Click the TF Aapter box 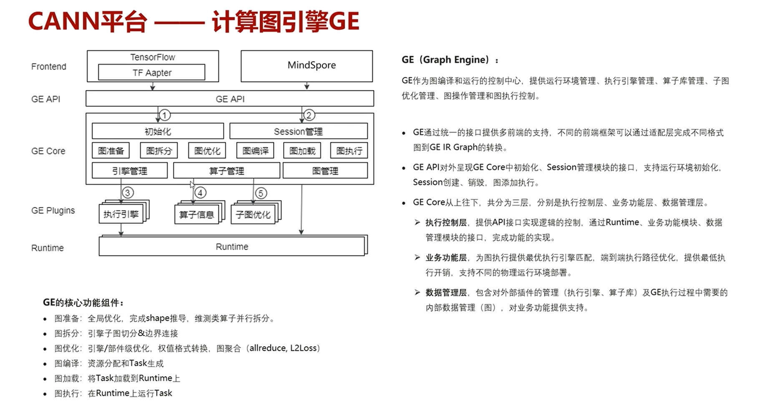click(151, 73)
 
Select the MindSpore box click(307, 66)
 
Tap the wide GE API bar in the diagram click(229, 99)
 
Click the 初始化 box click(158, 131)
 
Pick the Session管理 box click(298, 131)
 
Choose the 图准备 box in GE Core click(111, 150)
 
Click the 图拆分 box click(159, 150)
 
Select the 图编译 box click(255, 150)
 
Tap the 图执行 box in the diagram click(349, 150)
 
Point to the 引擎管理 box click(129, 170)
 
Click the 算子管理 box click(226, 170)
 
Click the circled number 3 click(128, 193)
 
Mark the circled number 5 click(261, 193)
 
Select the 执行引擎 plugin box click(121, 214)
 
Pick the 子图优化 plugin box click(253, 215)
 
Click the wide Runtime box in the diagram click(232, 247)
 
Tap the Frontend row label click(48, 67)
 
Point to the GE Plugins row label click(53, 211)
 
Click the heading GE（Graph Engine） click(450, 60)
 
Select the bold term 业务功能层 click(446, 258)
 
